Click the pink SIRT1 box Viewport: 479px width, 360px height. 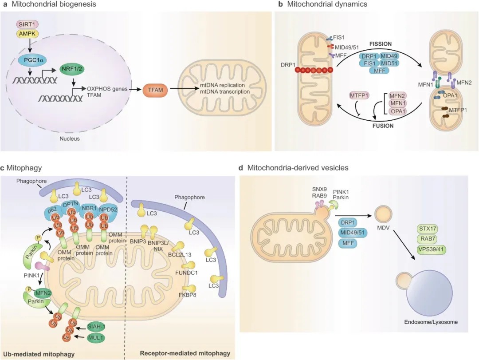(27, 24)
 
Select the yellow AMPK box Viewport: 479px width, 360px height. (27, 34)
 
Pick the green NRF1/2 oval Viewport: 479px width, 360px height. (72, 69)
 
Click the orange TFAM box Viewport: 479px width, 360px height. (155, 90)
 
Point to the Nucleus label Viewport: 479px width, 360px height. (69, 138)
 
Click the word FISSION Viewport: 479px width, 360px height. (381, 44)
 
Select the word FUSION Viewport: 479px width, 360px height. (383, 126)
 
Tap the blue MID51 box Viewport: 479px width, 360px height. (389, 63)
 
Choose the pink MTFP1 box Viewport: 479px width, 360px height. (359, 96)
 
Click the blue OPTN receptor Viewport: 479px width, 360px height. (71, 206)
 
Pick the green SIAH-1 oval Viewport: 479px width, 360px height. (96, 327)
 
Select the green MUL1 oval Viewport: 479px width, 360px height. (96, 338)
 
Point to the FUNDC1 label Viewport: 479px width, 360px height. (186, 273)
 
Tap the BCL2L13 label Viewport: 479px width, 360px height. (180, 254)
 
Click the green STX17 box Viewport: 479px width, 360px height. (428, 229)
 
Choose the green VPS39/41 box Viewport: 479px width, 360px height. (432, 249)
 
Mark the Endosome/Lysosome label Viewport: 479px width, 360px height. (431, 322)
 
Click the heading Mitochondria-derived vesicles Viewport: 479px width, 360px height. (298, 168)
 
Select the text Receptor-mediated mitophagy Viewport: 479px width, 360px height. (185, 353)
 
